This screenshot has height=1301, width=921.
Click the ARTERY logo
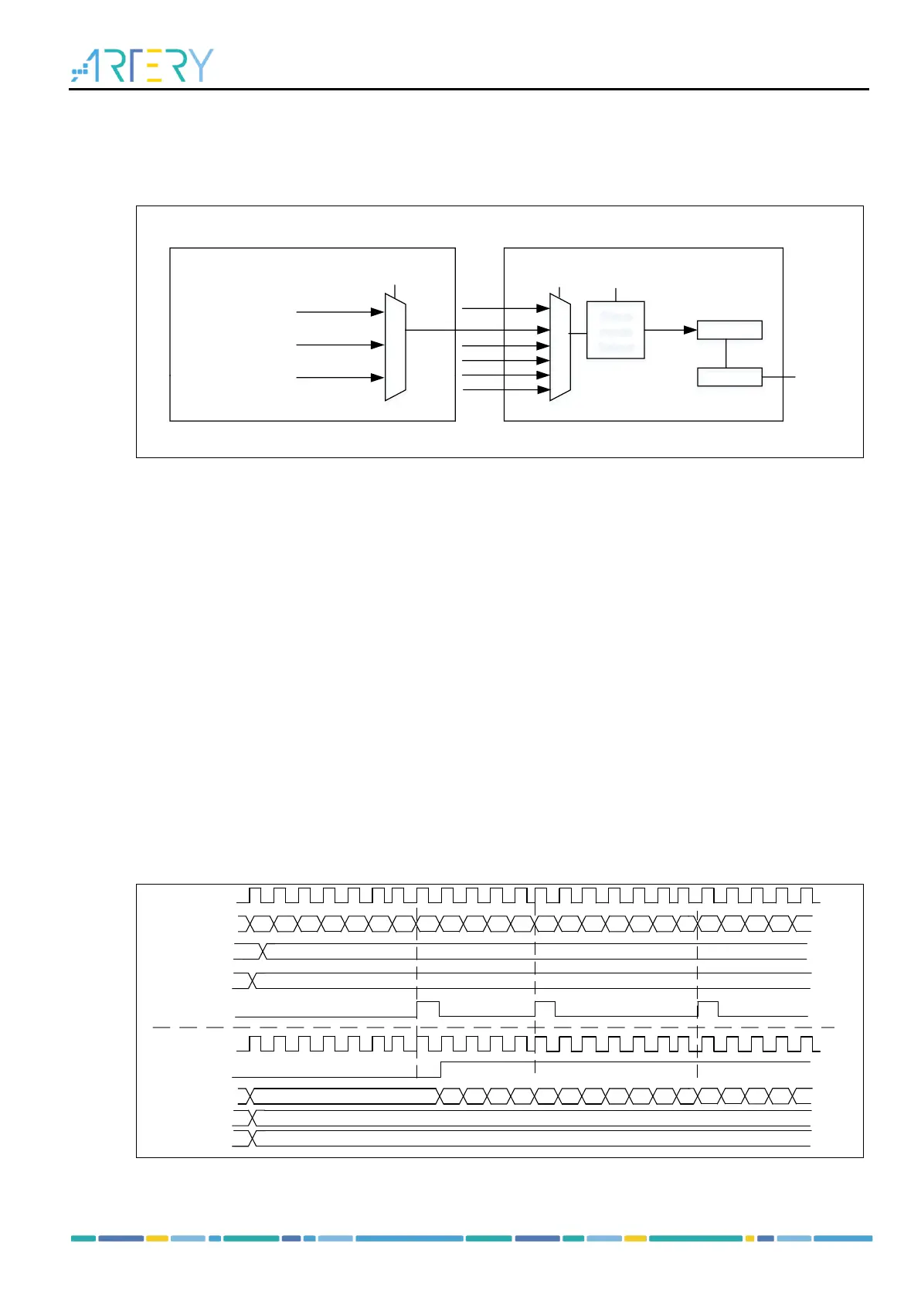pyautogui.click(x=142, y=66)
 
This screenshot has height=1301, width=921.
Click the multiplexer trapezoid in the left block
pyautogui.click(x=396, y=347)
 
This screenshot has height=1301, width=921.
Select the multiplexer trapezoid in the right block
pyautogui.click(x=560, y=347)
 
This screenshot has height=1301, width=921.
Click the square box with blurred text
pyautogui.click(x=615, y=330)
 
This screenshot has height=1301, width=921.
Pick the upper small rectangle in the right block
pyautogui.click(x=729, y=330)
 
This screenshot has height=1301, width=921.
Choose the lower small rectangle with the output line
pyautogui.click(x=729, y=377)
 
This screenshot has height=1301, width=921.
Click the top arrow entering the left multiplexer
pyautogui.click(x=340, y=312)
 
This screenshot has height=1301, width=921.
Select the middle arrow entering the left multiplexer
pyautogui.click(x=340, y=345)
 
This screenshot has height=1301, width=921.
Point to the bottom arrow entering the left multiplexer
pyautogui.click(x=340, y=378)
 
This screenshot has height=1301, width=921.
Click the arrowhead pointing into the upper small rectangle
pyautogui.click(x=691, y=330)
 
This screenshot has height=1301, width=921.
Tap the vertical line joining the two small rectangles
pyautogui.click(x=726, y=353)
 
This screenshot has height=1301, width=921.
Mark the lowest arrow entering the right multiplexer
pyautogui.click(x=505, y=390)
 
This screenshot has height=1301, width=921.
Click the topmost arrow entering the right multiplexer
pyautogui.click(x=505, y=308)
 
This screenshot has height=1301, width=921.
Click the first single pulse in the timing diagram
pyautogui.click(x=428, y=1008)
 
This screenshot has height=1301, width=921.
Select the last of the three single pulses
pyautogui.click(x=708, y=1008)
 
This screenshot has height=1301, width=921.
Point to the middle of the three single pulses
pyautogui.click(x=545, y=1008)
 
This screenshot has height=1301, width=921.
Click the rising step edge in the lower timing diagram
pyautogui.click(x=440, y=1069)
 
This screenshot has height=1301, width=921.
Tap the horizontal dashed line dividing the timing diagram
pyautogui.click(x=494, y=1028)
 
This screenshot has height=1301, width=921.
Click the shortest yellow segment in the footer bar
pyautogui.click(x=749, y=1238)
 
